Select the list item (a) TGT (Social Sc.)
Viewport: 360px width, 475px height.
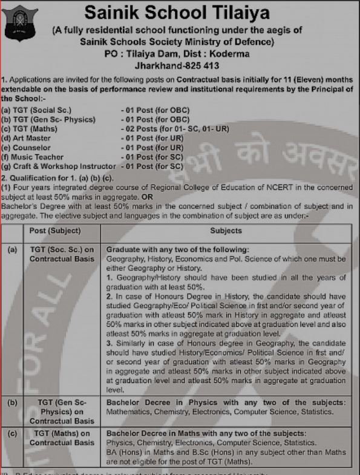(37, 110)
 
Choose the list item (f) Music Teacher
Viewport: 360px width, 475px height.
(33, 157)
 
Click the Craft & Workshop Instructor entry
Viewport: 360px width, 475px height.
(59, 166)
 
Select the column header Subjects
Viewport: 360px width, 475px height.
(226, 231)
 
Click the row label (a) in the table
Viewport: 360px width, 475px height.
(11, 249)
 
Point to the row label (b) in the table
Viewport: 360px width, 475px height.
(11, 402)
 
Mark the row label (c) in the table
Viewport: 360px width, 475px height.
(11, 434)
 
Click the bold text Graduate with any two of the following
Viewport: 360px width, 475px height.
(177, 249)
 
